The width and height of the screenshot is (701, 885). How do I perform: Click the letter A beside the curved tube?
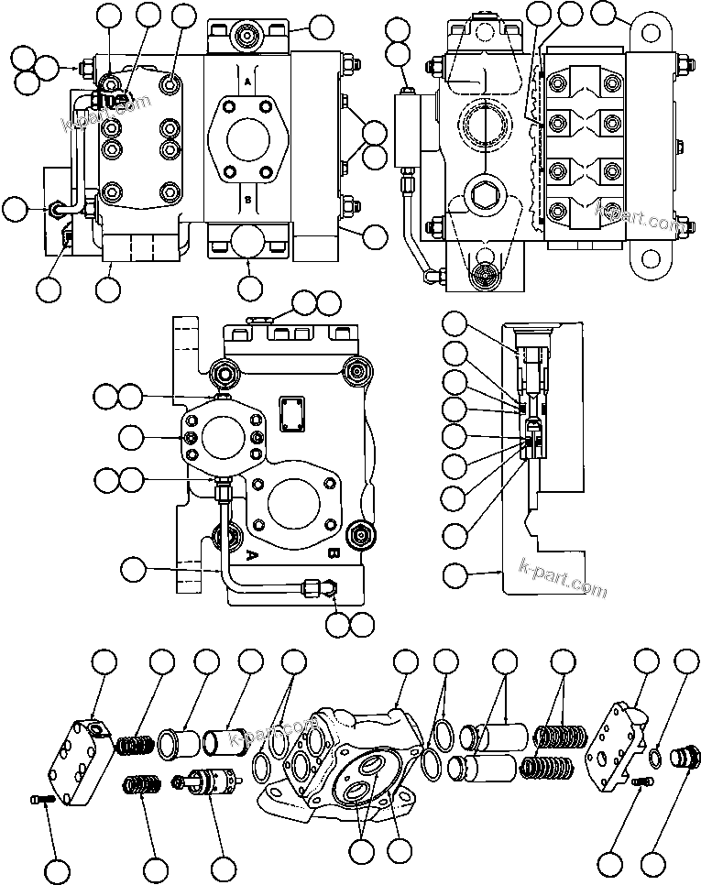click(249, 552)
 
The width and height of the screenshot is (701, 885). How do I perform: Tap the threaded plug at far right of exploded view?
click(683, 759)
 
